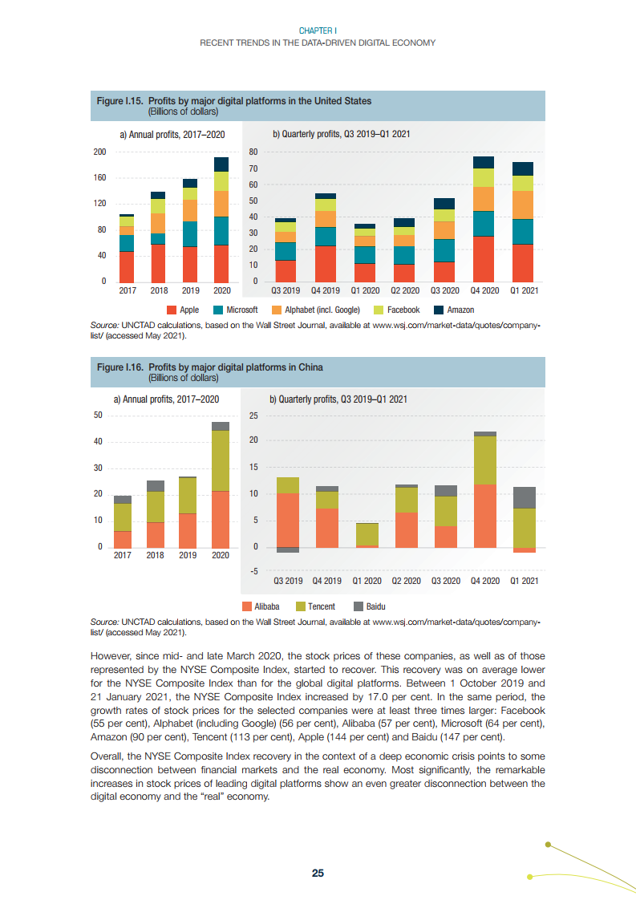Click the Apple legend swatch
point(171,310)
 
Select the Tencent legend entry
point(316,606)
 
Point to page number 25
point(318,874)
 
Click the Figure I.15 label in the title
point(120,101)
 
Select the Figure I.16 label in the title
point(120,367)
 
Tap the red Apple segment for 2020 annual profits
point(221,263)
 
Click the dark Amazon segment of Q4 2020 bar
point(483,162)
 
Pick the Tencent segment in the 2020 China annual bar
point(221,460)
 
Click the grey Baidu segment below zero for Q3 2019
point(288,550)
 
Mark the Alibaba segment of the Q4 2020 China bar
point(484,516)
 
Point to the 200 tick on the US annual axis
point(100,152)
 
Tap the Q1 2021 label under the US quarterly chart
point(523,290)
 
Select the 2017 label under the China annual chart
point(123,555)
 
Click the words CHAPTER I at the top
point(318,30)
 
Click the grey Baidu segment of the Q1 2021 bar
point(524,497)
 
